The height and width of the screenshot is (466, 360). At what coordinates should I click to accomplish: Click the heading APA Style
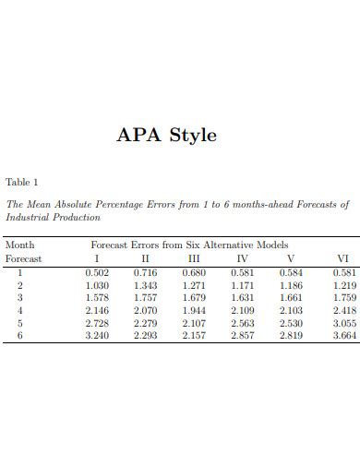tap(166, 135)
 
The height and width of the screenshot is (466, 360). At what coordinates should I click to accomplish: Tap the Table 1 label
tap(22, 181)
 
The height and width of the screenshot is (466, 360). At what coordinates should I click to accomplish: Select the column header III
tap(193, 259)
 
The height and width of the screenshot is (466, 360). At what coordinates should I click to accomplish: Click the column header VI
tap(342, 259)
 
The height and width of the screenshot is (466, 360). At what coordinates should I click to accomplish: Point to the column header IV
tap(243, 259)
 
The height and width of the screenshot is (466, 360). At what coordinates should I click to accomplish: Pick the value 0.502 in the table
tap(96, 272)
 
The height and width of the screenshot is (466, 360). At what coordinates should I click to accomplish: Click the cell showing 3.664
tap(342, 336)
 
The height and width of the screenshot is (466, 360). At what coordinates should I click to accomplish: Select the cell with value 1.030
tap(96, 285)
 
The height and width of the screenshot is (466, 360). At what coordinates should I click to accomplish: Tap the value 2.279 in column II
tap(145, 323)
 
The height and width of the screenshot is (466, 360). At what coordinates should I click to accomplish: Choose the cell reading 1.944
tap(194, 311)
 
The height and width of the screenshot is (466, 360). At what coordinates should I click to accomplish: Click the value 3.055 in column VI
tap(342, 323)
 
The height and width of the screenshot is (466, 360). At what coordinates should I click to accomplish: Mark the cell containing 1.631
tap(243, 298)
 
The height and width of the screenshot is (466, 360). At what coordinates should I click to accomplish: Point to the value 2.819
tap(292, 336)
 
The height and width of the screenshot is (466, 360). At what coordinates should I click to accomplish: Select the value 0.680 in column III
tap(194, 272)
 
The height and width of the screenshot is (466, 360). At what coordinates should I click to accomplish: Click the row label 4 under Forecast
tap(18, 311)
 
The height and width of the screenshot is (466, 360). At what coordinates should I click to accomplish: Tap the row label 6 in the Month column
tap(18, 336)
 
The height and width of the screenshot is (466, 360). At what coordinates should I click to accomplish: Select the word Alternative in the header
tap(227, 245)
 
